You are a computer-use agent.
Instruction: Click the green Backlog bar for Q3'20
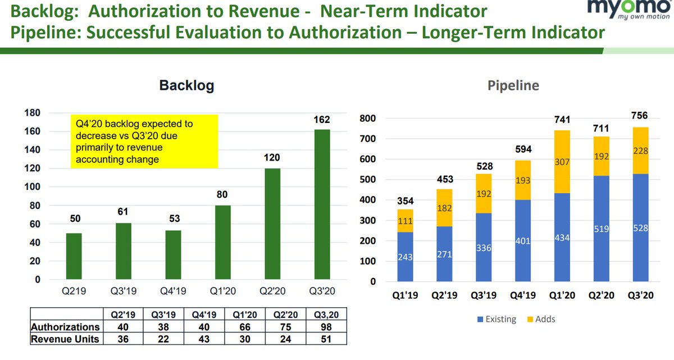pos(322,204)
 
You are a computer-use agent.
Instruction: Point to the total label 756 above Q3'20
pos(639,116)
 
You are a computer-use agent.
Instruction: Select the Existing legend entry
pos(497,319)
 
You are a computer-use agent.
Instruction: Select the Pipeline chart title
pos(513,86)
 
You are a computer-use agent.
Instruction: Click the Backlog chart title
pos(186,85)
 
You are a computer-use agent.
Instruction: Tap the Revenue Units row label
pos(66,339)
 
